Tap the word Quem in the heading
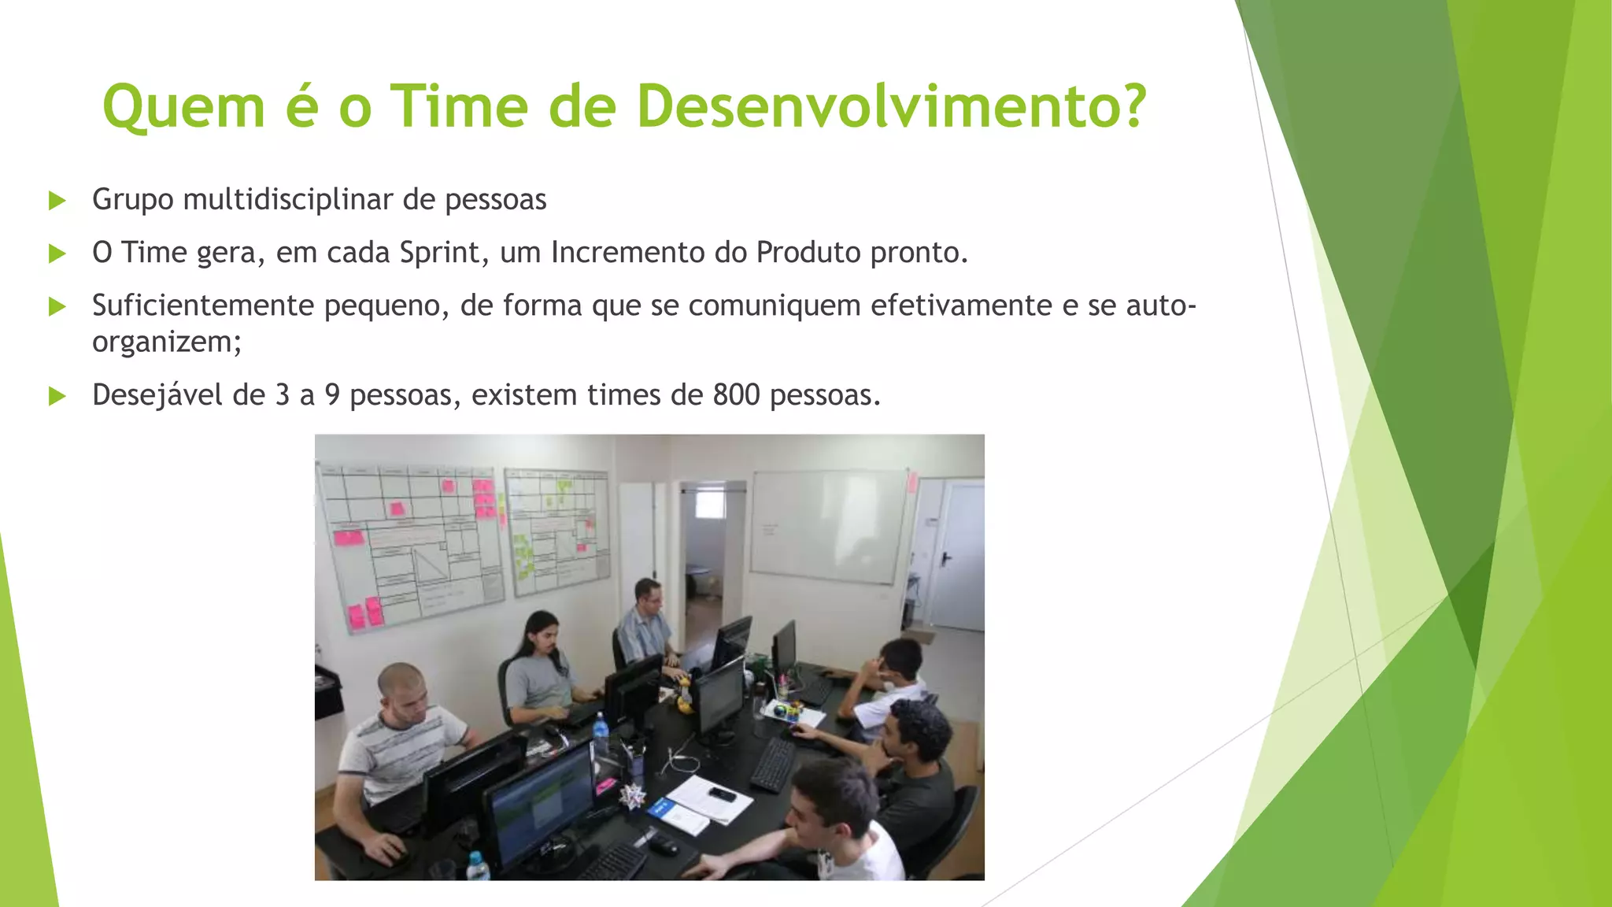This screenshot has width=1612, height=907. click(x=183, y=108)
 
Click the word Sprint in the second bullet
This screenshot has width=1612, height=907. click(x=439, y=254)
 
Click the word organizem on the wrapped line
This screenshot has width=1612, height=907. click(x=161, y=342)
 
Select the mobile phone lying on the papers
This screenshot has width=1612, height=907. click(x=721, y=794)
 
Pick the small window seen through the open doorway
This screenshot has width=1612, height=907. click(x=710, y=505)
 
